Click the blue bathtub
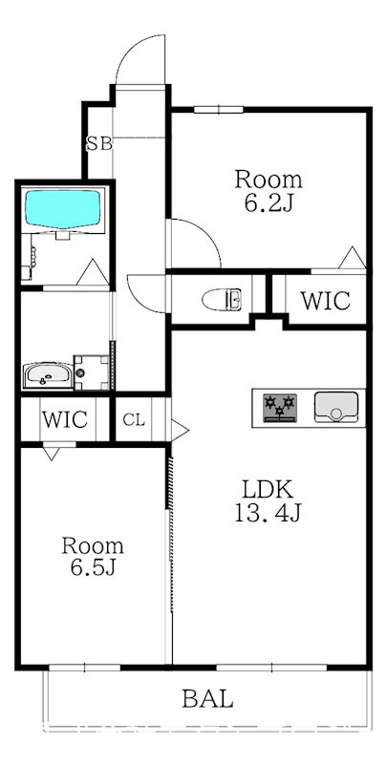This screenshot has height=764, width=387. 63,209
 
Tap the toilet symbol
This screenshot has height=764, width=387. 222,299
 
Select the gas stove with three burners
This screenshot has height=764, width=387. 280,408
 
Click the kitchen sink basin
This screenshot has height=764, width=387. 335,407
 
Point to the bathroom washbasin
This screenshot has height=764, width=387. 47,375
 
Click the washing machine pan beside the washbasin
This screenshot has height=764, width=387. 92,372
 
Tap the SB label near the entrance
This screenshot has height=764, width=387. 99,144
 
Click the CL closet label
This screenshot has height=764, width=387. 134,420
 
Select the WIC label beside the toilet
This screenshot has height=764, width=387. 325,301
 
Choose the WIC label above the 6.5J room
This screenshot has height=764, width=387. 64,419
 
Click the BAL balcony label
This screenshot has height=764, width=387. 207,699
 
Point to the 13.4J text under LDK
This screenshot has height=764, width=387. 269,513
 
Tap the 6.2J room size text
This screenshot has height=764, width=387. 269,203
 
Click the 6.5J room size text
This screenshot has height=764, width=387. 93,567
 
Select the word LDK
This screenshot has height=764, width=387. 269,489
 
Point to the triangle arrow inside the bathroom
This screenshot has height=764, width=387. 93,272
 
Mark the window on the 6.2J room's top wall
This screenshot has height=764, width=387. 219,110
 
